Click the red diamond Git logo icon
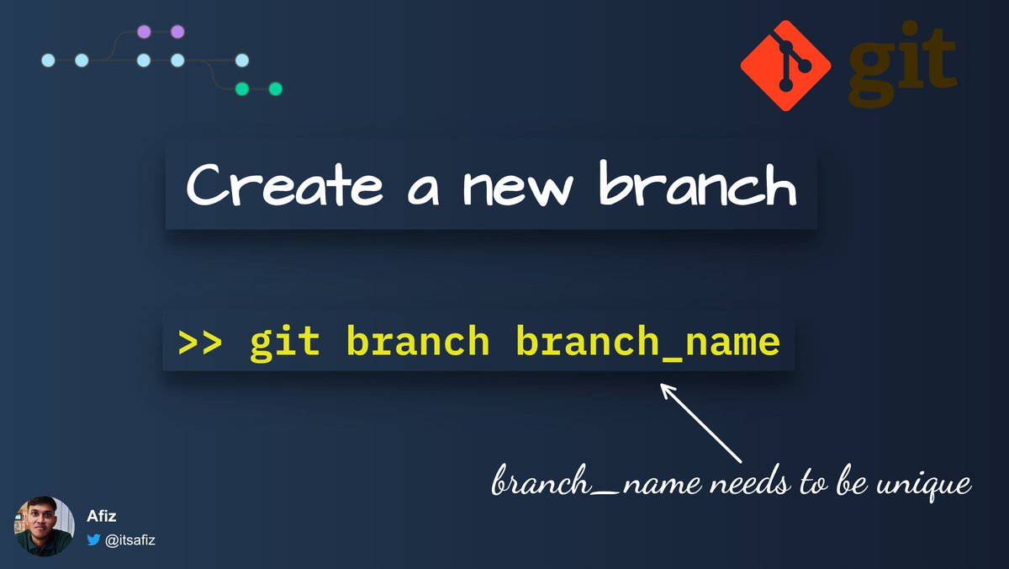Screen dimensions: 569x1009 point(785,66)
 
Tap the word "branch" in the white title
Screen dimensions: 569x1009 point(697,186)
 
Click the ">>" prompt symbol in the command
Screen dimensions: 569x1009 point(199,343)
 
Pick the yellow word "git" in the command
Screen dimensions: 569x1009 point(284,343)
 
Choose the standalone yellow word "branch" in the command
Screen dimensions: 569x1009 point(417,343)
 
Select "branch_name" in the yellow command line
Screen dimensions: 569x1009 point(647,343)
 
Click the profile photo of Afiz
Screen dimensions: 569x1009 point(44,526)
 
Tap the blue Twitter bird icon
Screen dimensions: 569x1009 point(93,540)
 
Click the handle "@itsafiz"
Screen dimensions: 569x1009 point(130,540)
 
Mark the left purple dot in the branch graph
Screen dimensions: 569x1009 point(144,32)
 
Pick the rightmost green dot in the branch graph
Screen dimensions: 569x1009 point(275,88)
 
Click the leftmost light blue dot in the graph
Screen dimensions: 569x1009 point(48,60)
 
